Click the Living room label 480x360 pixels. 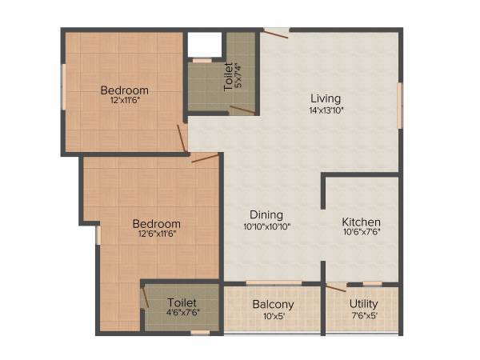point(326,99)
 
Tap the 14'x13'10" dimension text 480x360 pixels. point(326,111)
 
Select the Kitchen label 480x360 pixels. point(361,222)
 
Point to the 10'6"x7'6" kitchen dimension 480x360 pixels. point(361,234)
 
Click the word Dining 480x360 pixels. point(266,214)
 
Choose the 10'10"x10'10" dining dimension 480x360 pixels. point(266,226)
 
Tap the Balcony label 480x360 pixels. point(274,304)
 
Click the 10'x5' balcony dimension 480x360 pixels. point(274,316)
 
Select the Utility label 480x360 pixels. point(364,304)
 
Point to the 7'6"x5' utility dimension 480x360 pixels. point(364,316)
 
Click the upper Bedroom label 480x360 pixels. point(124,90)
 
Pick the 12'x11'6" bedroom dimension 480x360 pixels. point(124,102)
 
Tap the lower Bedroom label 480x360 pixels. point(156,223)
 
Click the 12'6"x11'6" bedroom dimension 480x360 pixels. point(156,235)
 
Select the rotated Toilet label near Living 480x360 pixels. point(229,77)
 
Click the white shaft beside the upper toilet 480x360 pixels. point(203,45)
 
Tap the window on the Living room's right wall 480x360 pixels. point(399,102)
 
